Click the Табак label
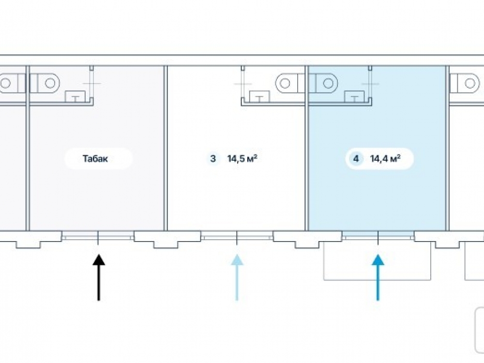point(95,158)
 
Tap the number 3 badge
point(212,158)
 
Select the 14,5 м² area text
point(242,158)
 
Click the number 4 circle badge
point(356,158)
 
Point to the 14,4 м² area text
point(385,158)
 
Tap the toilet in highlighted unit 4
point(324,83)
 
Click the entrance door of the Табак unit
point(98,237)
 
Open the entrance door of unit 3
point(237,237)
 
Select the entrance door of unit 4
point(378,237)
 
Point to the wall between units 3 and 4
point(307,155)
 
